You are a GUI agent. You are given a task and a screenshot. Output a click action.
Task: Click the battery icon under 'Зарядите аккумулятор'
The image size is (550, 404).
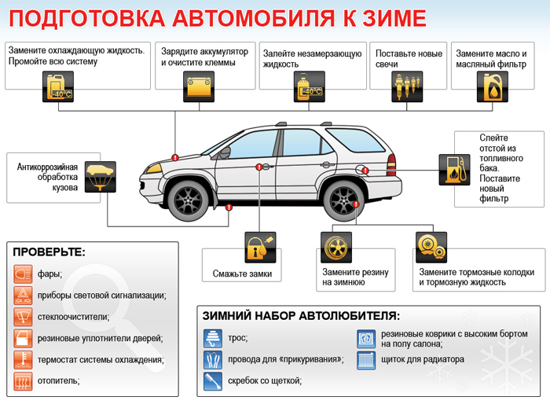199,86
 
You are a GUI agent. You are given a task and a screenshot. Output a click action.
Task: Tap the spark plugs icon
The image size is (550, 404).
407,86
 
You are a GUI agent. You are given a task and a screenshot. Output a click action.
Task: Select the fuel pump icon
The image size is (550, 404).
455,170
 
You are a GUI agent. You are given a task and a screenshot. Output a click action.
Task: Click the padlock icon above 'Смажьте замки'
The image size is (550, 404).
260,248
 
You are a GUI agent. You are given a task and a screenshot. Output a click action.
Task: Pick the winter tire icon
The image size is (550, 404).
336,248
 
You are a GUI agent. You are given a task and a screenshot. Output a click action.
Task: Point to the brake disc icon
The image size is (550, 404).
431,248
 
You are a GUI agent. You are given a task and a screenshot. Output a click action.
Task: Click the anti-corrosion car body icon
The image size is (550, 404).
101,177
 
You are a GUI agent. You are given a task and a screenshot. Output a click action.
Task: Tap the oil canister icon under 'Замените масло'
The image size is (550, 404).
493,86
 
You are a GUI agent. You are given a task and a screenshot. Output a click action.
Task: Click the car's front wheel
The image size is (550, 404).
189,201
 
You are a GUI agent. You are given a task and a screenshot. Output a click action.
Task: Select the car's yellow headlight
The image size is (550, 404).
154,168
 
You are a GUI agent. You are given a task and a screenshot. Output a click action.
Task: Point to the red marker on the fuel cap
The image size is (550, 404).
365,171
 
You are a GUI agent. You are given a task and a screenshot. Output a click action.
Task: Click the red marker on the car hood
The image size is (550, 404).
175,157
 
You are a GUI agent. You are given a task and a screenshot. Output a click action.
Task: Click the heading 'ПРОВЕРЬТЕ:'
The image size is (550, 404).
49,252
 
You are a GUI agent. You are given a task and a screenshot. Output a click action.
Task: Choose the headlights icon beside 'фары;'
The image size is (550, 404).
23,274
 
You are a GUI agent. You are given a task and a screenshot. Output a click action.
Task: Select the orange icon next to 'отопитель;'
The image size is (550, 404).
23,381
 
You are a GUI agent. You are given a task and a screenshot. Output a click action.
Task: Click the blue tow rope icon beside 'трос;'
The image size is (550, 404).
213,338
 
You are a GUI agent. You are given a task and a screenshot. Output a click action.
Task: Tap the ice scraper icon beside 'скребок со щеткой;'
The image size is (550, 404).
213,381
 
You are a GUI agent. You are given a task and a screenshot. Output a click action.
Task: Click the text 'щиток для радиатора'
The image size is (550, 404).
423,359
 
